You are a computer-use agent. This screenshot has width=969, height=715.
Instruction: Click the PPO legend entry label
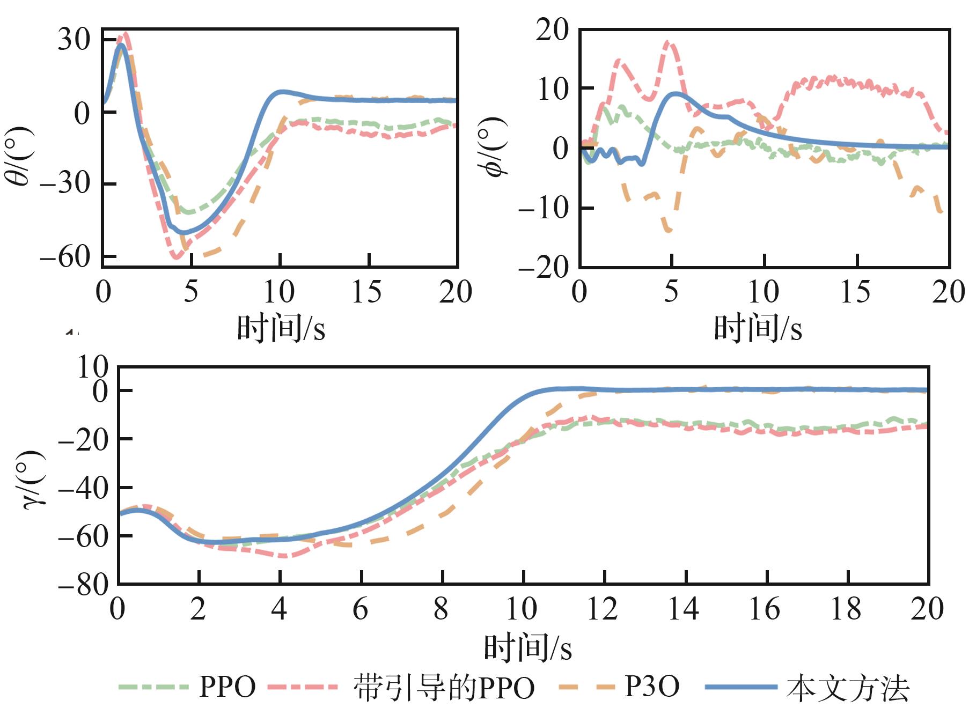[x=227, y=687]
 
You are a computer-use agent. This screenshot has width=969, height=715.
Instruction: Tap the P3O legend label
[x=652, y=687]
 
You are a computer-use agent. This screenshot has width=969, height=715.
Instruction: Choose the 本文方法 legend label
[x=848, y=688]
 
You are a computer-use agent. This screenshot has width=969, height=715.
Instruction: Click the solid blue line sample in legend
[x=741, y=687]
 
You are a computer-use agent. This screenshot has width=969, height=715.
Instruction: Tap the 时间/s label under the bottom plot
[x=528, y=647]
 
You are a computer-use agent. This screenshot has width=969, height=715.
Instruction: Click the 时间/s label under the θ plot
[x=281, y=328]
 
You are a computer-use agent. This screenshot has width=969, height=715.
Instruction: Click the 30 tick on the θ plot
[x=74, y=39]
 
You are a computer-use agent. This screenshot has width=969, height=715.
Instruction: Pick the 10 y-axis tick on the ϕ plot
[x=553, y=89]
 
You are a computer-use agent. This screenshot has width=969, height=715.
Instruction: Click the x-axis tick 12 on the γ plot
[x=603, y=609]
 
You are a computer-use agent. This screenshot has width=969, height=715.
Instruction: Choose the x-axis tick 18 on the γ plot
[x=846, y=609]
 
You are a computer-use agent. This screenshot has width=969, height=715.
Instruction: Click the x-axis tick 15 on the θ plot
[x=367, y=292]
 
